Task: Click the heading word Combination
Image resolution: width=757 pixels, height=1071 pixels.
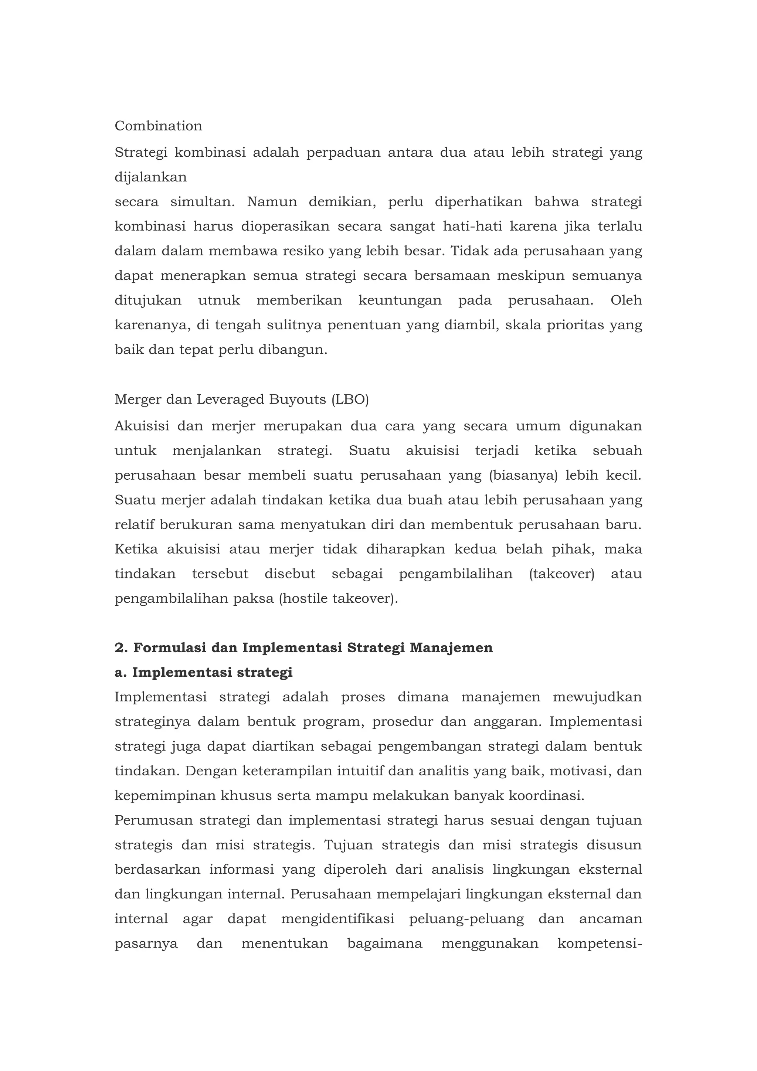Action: (158, 126)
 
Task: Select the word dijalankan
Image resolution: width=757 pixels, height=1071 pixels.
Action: (151, 177)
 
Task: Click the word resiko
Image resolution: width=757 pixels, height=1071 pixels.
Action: (303, 251)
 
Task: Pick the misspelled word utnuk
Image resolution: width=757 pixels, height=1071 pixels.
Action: (219, 300)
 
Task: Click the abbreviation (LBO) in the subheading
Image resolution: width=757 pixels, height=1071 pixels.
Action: (350, 400)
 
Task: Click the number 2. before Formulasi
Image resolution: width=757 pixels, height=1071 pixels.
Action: (121, 648)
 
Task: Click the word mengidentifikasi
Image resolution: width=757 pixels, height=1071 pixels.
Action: (338, 919)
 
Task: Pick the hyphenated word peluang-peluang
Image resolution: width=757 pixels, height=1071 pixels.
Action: (466, 919)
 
